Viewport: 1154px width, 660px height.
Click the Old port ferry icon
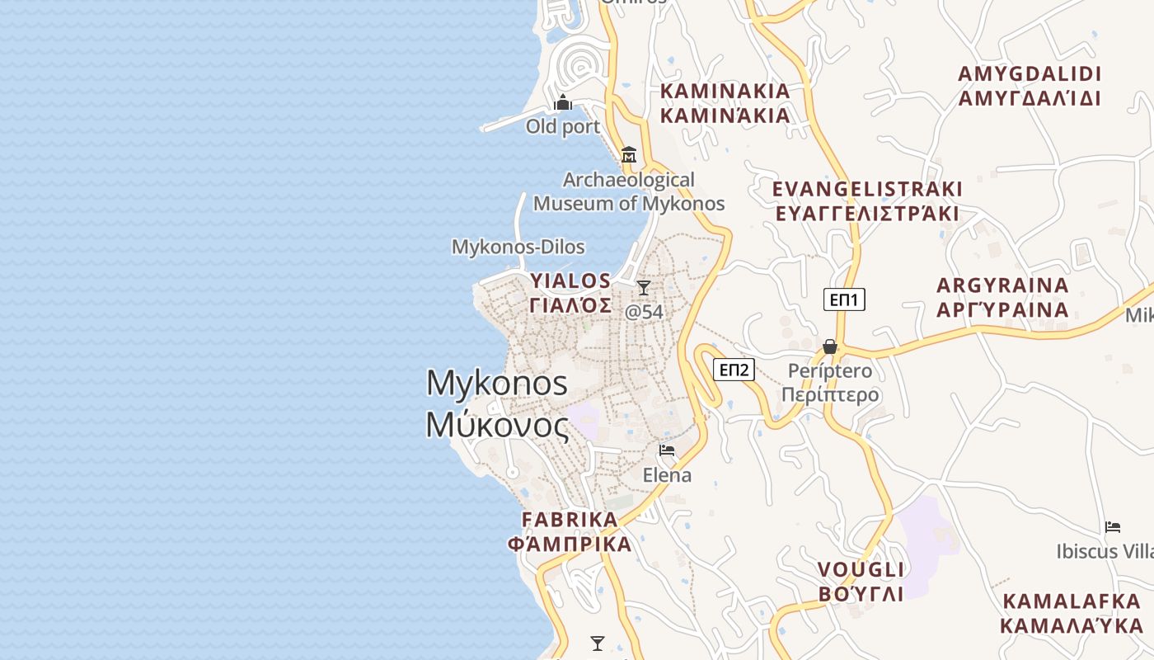(563, 103)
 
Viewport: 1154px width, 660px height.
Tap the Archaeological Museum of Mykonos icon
(629, 154)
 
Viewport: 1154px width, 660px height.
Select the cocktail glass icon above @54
(644, 288)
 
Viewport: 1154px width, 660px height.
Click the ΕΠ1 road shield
(844, 299)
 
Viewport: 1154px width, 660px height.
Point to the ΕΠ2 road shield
(734, 370)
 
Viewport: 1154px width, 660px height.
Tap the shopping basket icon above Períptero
(830, 346)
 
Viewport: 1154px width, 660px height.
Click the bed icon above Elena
(667, 450)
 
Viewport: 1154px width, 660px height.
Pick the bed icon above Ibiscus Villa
(1113, 526)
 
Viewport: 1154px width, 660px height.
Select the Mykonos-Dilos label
(518, 247)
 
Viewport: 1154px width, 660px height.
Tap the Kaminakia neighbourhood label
(725, 102)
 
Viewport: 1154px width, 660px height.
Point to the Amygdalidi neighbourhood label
(1030, 86)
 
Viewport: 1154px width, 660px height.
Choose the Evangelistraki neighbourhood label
(867, 200)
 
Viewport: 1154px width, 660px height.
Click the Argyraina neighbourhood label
(1002, 298)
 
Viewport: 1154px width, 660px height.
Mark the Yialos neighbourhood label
(570, 293)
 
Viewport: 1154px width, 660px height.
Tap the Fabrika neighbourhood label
(570, 531)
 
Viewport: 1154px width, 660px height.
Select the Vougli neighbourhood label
(861, 581)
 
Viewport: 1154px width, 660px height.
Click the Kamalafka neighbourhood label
(1072, 612)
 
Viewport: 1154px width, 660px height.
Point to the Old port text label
(563, 127)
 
